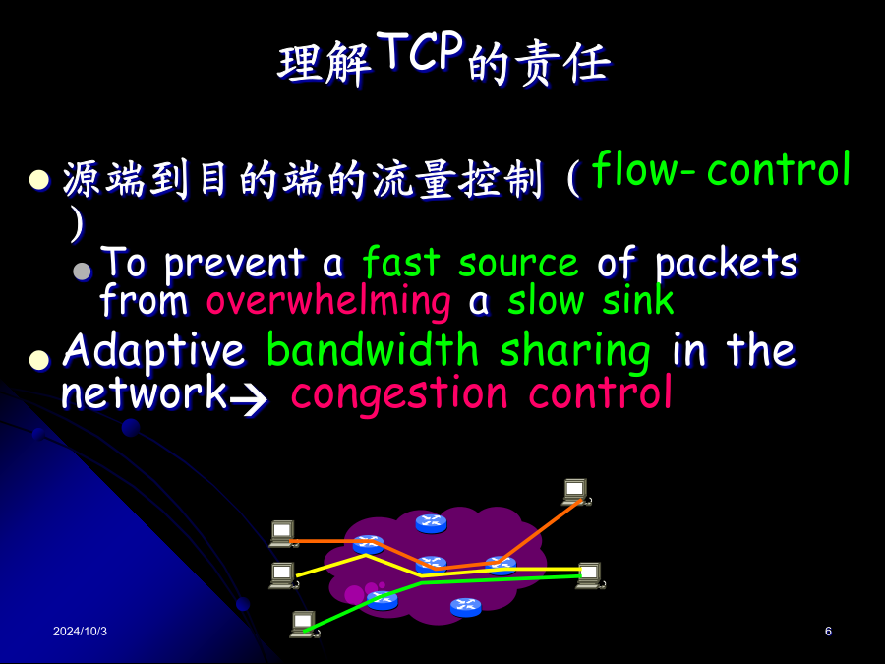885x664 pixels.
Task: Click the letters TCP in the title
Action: click(420, 51)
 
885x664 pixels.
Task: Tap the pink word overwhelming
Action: click(328, 302)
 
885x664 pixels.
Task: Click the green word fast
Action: click(401, 263)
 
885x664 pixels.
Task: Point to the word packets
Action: click(726, 263)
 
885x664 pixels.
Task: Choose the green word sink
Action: click(638, 300)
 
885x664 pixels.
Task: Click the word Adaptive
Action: click(153, 351)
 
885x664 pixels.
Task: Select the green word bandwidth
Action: click(373, 350)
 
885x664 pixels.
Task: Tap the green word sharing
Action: click(575, 352)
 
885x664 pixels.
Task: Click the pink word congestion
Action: click(399, 394)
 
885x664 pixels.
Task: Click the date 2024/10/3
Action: click(80, 632)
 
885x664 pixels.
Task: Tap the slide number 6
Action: click(828, 632)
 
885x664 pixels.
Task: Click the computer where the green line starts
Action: click(305, 624)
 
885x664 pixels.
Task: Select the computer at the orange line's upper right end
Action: click(576, 492)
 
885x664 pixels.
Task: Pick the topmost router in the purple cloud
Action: click(432, 523)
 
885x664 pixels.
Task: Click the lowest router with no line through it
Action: click(466, 607)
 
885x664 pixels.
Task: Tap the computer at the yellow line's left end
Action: click(283, 575)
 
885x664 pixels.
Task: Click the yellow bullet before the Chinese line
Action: click(39, 180)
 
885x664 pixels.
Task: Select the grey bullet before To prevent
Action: click(82, 272)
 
